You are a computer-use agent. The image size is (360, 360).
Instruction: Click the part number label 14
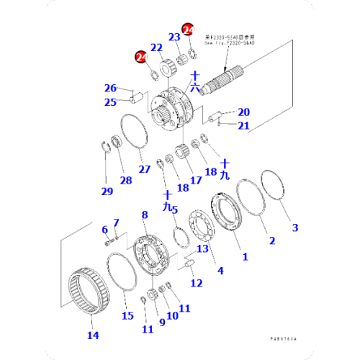click(x=93, y=334)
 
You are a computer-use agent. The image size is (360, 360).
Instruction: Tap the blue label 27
click(x=145, y=169)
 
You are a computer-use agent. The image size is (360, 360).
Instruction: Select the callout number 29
click(x=107, y=191)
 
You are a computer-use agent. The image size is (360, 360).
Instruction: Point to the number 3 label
click(x=294, y=228)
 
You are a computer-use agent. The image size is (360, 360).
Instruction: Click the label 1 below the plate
click(x=245, y=256)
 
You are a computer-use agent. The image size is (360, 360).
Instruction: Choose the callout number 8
click(x=145, y=215)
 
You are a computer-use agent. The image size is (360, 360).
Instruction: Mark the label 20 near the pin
click(x=243, y=112)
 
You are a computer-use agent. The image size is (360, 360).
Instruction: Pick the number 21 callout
click(x=243, y=126)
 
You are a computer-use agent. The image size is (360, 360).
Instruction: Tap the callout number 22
click(x=156, y=49)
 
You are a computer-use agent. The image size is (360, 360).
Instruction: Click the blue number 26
click(x=109, y=89)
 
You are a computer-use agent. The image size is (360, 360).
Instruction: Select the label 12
click(x=196, y=283)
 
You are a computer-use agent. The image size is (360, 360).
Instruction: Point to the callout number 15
click(x=127, y=315)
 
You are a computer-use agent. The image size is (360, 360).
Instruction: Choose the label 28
click(x=126, y=180)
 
